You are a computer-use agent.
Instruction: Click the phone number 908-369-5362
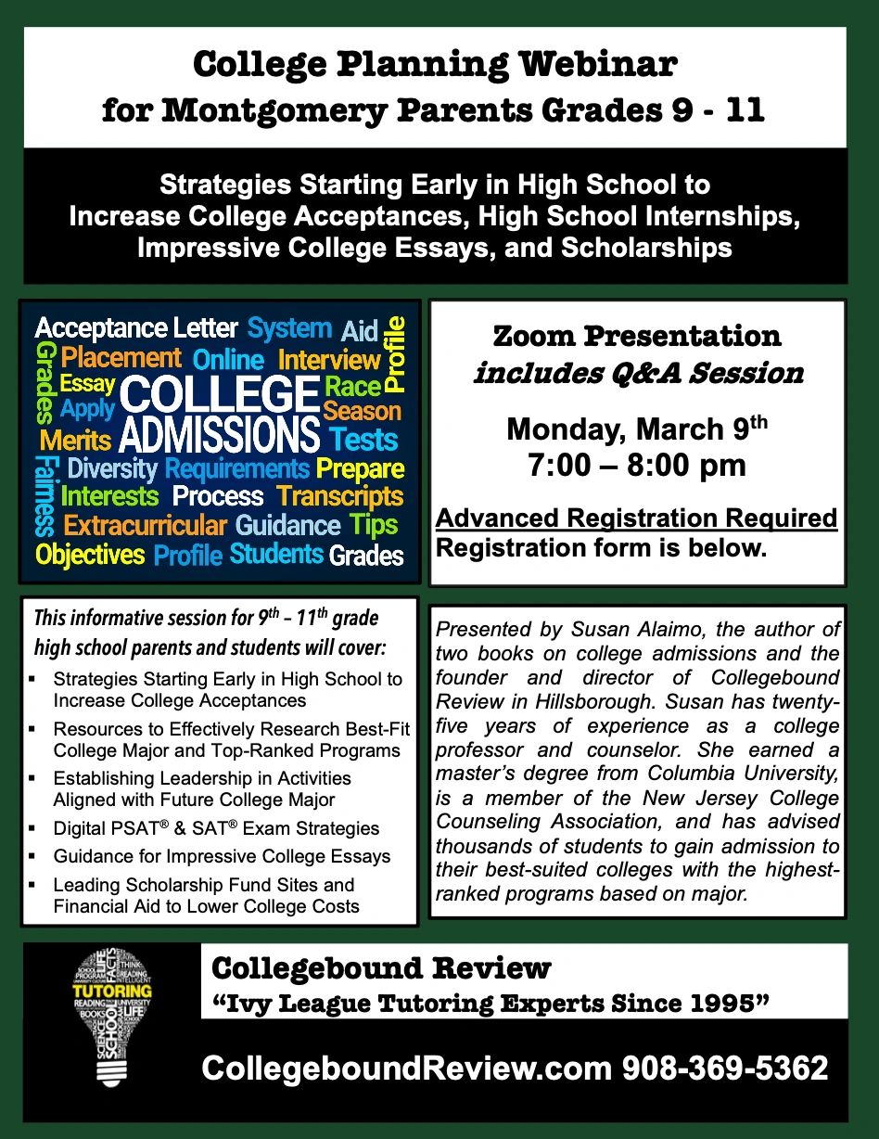[725, 1069]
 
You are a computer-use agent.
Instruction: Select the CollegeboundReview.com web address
[406, 1069]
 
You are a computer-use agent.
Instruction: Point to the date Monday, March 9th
[637, 430]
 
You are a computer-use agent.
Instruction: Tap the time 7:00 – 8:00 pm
[637, 465]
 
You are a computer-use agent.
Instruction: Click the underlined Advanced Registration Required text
[637, 518]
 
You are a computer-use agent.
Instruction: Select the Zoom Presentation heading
[637, 336]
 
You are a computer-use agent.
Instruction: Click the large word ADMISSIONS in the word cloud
[219, 436]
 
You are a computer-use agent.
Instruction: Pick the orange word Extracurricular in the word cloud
[145, 526]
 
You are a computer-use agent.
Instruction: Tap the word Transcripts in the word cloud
[340, 496]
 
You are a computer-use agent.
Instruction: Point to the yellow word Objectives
[90, 555]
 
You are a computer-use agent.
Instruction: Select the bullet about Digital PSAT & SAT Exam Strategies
[216, 828]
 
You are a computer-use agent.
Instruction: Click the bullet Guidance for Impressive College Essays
[222, 856]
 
